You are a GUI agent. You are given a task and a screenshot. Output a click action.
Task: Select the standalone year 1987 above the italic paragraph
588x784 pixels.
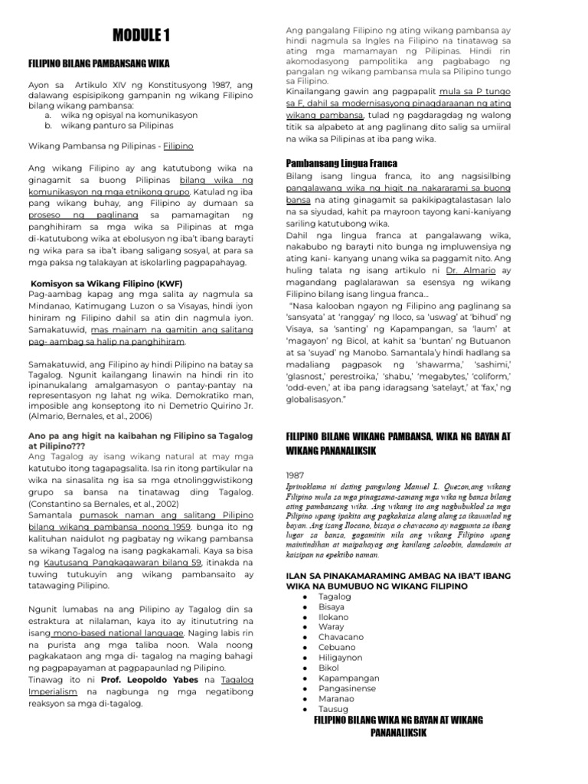(x=295, y=474)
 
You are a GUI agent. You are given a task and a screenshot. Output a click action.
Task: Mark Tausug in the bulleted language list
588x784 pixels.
(x=333, y=709)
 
